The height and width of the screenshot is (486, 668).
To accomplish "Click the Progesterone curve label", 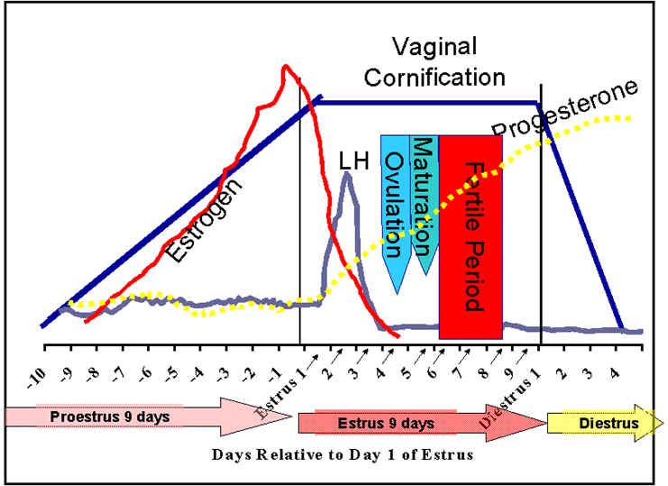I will click(x=565, y=107).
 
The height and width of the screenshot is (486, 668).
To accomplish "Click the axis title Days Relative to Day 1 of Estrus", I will click(x=342, y=454).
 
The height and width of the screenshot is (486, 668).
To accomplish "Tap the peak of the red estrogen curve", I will click(x=287, y=67).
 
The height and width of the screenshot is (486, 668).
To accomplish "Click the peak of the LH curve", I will click(x=347, y=174).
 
